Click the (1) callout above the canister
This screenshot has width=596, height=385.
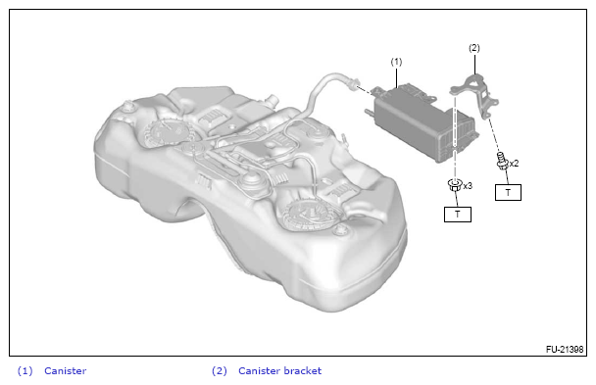(x=396, y=62)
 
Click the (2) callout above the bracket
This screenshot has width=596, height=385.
(x=474, y=48)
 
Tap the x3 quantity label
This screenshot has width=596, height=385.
(x=468, y=186)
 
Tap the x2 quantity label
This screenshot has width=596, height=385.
(x=514, y=164)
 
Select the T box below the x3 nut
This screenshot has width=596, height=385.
(x=458, y=215)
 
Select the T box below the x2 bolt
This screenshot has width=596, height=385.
(x=508, y=192)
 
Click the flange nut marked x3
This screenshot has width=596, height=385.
(x=455, y=185)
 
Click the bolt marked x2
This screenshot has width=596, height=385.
(x=502, y=161)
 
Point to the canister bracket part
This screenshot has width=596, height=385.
(x=475, y=95)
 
